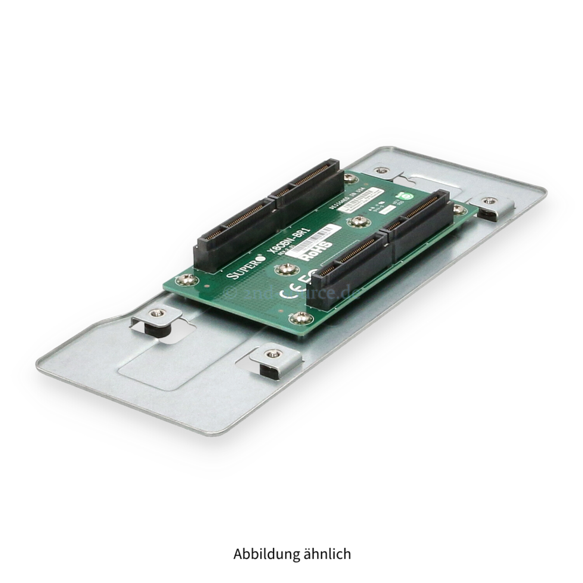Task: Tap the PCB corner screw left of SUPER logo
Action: (x=183, y=279)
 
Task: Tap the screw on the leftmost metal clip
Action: (x=157, y=313)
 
